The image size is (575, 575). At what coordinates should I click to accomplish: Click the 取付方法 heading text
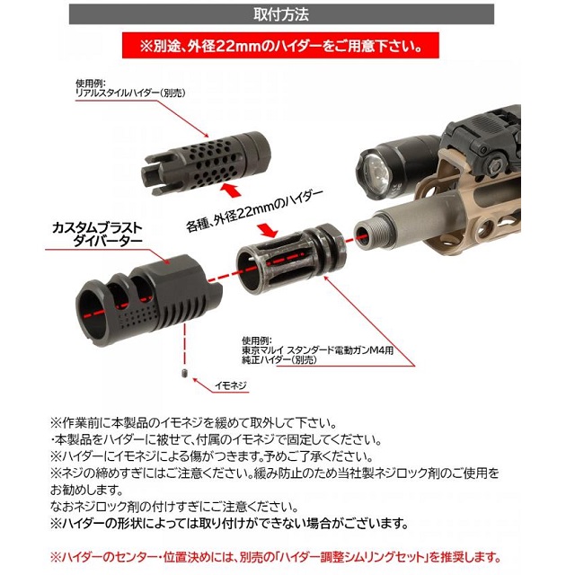coord(281,14)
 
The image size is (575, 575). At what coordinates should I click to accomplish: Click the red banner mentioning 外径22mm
coord(280,46)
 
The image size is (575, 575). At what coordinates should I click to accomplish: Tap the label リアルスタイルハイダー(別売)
coord(130,93)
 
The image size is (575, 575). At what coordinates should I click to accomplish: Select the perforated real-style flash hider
coord(206,161)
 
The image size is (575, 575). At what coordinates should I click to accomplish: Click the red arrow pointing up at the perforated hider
coord(230,190)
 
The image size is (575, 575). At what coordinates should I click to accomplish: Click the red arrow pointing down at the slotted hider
coord(267,229)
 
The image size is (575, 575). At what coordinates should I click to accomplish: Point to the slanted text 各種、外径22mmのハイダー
coord(254,211)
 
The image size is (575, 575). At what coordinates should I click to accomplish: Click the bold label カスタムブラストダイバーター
coord(96,234)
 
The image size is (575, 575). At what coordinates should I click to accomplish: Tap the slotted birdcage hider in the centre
coord(291,259)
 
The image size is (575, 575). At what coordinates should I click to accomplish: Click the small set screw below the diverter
coord(184,374)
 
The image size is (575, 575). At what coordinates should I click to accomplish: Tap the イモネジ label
coord(230,385)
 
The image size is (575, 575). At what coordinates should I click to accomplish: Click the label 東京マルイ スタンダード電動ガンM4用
coord(317,350)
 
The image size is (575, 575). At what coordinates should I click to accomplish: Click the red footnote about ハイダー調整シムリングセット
coord(276,558)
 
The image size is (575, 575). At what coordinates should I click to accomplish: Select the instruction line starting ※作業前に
coord(194,423)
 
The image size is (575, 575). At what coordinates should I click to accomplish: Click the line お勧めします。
coord(86,490)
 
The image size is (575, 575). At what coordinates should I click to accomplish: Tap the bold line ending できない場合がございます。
coord(230,523)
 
